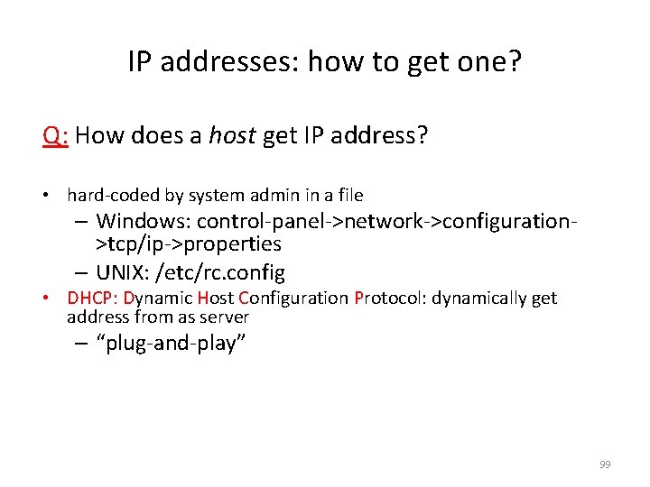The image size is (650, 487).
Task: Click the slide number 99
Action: tap(605, 464)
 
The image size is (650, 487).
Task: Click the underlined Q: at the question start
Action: tap(56, 136)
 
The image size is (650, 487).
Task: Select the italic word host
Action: tap(233, 136)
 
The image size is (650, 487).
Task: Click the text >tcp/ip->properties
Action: tap(189, 243)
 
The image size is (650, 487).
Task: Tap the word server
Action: tap(227, 317)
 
